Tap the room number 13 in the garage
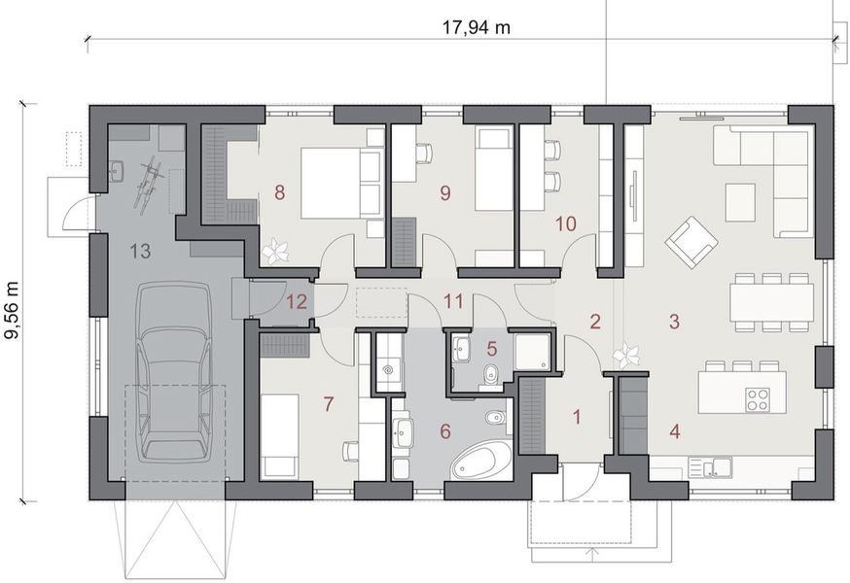point(139,252)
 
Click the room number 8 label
point(280,192)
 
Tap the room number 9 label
point(445,192)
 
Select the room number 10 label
point(565,223)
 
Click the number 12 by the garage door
point(296,301)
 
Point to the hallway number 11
point(452,301)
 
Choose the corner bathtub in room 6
point(482,461)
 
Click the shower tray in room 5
point(532,353)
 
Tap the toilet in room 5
point(492,371)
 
